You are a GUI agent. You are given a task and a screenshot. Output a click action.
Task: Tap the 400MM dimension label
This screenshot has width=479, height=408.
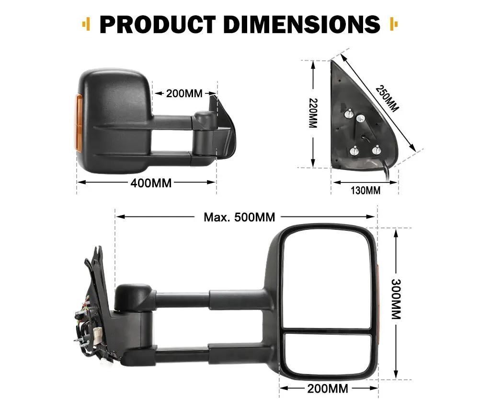(151, 183)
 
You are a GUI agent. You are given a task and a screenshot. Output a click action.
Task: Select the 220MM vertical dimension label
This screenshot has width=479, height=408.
(313, 113)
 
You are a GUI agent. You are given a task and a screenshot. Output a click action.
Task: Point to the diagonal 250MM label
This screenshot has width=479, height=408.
(387, 98)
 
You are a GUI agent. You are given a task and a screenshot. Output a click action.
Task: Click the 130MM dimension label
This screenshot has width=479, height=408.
(365, 191)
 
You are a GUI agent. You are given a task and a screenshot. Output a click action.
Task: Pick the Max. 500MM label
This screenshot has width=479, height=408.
(239, 217)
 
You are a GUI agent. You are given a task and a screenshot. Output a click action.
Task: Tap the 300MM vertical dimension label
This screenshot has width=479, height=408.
(396, 299)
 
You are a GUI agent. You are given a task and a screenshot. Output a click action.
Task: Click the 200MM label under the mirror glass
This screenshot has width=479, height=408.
(328, 388)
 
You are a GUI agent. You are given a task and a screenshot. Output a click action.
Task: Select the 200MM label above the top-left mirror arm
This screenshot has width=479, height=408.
(184, 93)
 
